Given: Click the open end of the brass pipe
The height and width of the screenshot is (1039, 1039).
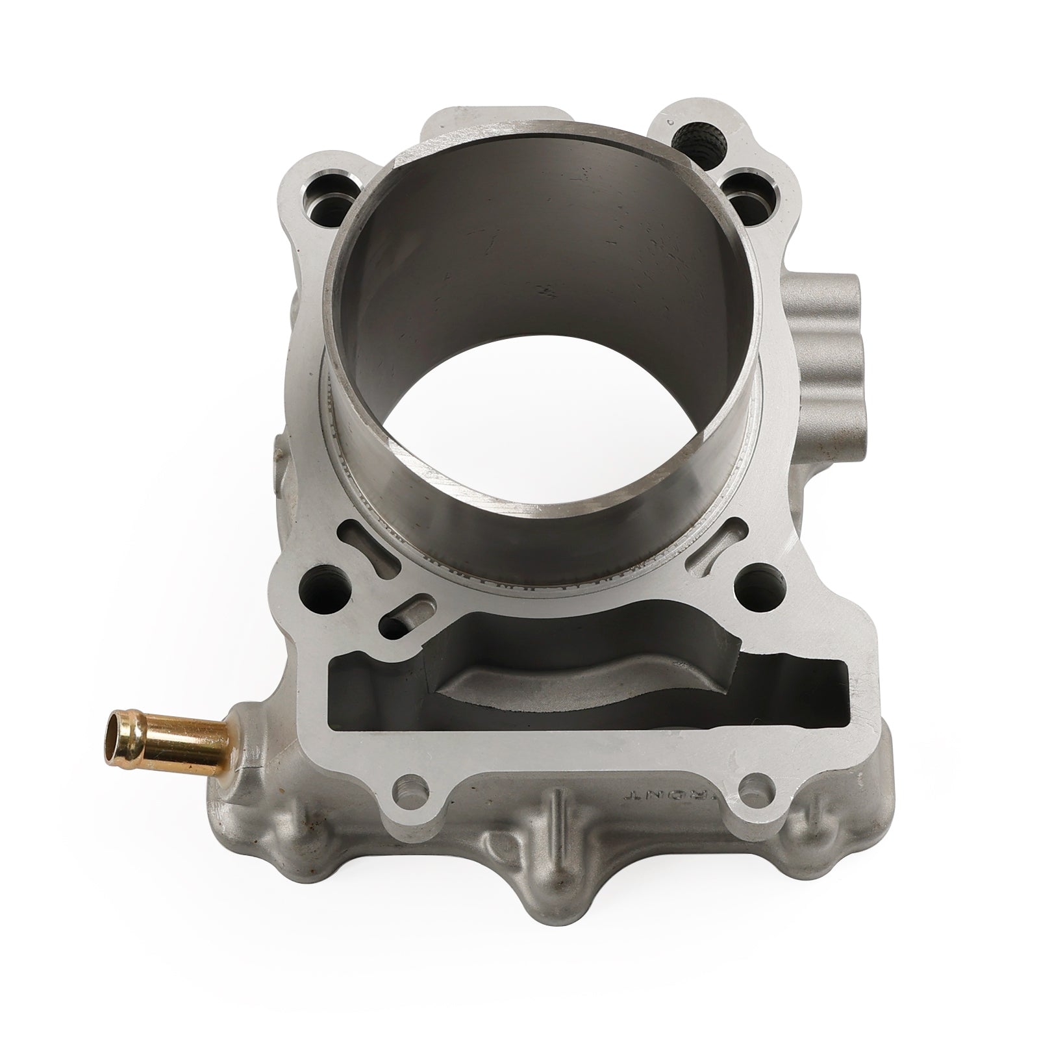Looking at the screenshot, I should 115,736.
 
